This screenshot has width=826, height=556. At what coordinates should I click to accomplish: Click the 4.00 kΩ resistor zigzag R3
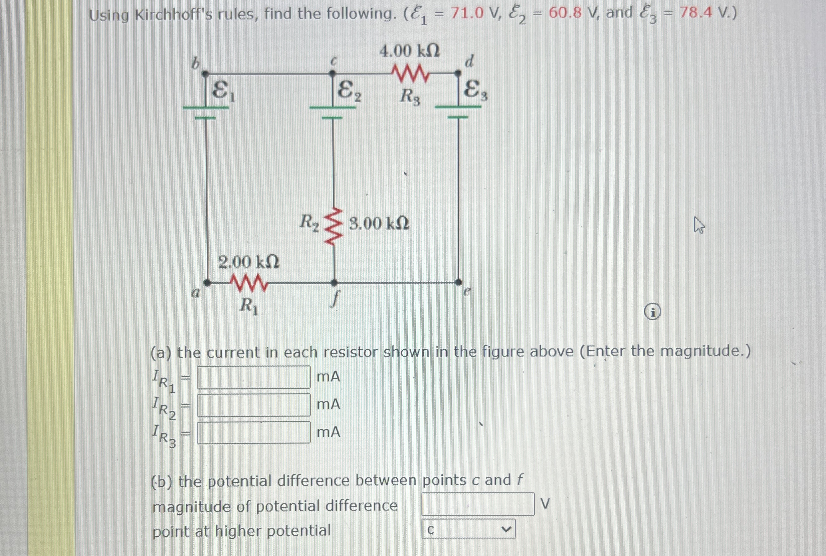coord(411,73)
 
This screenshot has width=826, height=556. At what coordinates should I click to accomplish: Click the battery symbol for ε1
coord(206,112)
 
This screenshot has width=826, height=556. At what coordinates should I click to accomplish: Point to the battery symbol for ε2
coord(333,112)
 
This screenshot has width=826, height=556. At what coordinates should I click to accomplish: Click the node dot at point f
coord(334,283)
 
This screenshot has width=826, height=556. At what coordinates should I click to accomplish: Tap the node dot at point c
coord(332,74)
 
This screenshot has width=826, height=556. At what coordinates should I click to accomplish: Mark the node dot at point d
coord(458,73)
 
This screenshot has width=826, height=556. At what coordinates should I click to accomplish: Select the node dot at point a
coord(207,283)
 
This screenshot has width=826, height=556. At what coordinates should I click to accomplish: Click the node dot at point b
coord(205,74)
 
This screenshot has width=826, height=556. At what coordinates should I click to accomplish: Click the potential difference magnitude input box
coord(478,504)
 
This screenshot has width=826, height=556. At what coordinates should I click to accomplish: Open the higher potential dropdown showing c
coord(468,529)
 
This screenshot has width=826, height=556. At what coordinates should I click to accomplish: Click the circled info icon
coord(652,313)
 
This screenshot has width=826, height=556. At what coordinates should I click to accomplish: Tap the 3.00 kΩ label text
coord(379,224)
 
